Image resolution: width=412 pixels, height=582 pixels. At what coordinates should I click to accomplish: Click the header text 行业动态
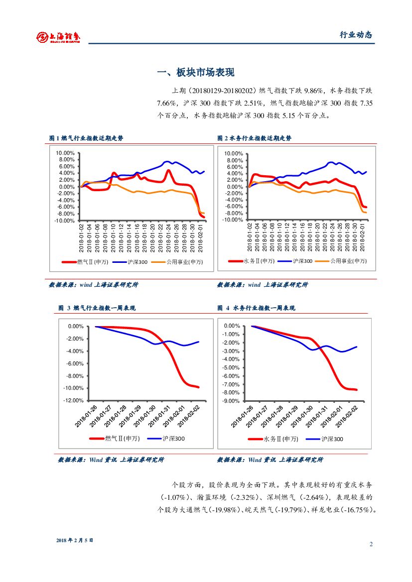coord(356,35)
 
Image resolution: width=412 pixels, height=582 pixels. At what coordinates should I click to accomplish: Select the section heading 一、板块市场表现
coord(195,73)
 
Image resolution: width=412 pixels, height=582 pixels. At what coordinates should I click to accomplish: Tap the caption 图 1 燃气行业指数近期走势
coord(86,138)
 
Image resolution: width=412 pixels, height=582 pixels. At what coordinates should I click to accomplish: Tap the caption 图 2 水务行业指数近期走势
coord(255,138)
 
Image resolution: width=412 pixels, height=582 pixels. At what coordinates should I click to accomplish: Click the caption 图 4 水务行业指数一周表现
coord(256,308)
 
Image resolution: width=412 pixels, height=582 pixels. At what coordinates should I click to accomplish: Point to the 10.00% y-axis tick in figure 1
coord(65,153)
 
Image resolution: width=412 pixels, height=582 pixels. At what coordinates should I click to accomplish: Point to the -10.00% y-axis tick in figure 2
coord(233,220)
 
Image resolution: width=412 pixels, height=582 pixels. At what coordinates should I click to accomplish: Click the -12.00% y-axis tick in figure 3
coord(73,401)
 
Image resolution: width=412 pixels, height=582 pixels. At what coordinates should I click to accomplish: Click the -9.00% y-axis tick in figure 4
coord(232,401)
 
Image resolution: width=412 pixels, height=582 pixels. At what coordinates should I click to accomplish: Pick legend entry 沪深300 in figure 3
coord(173,439)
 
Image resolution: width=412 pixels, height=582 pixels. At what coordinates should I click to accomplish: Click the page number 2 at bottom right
coord(371,544)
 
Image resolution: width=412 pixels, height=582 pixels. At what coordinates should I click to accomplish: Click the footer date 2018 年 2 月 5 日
coord(75,540)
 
